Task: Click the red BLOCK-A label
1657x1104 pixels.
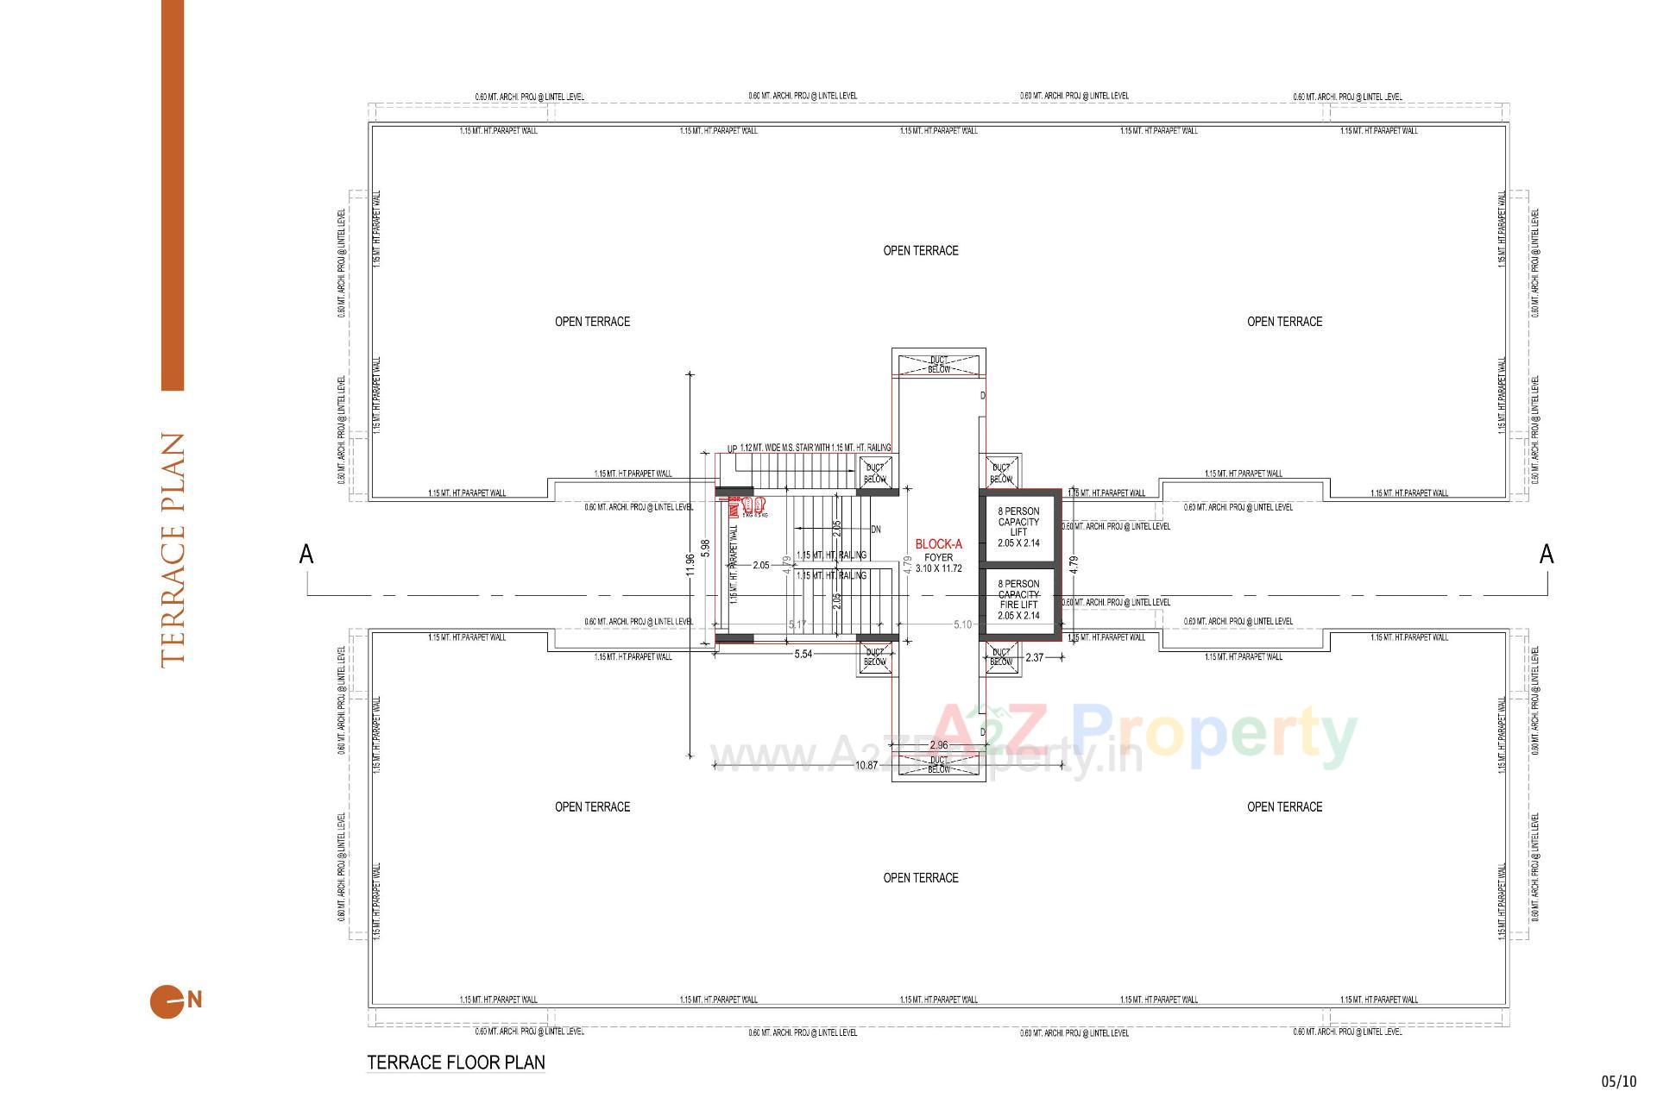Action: click(x=938, y=544)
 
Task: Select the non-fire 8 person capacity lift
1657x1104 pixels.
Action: click(x=1018, y=527)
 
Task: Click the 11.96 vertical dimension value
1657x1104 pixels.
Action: click(x=689, y=564)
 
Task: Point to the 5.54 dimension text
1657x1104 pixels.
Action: click(x=803, y=655)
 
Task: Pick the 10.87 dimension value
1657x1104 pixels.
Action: click(x=866, y=765)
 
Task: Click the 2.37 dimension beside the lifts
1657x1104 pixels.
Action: click(x=1034, y=658)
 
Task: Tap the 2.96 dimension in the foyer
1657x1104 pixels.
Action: click(x=938, y=745)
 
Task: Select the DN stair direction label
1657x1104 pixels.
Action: click(x=876, y=530)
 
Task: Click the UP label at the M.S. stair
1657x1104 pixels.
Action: click(x=732, y=449)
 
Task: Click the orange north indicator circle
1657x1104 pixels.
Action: click(x=167, y=1001)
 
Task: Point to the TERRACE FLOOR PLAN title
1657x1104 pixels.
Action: click(x=456, y=1062)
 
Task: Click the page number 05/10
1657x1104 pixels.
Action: click(x=1618, y=1081)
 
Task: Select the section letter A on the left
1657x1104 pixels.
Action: click(x=306, y=555)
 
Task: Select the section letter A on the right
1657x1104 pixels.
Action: click(x=1547, y=555)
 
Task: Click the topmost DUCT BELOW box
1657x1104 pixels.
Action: click(x=939, y=365)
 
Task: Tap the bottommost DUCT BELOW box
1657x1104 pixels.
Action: click(x=939, y=765)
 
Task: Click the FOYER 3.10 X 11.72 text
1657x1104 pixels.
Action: click(x=938, y=563)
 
